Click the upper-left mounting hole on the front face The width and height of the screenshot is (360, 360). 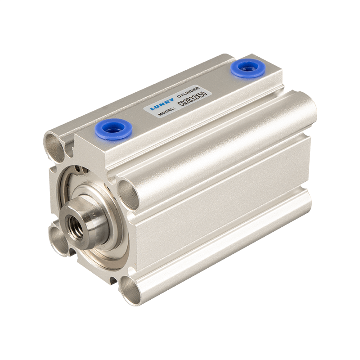coord(55,145)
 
